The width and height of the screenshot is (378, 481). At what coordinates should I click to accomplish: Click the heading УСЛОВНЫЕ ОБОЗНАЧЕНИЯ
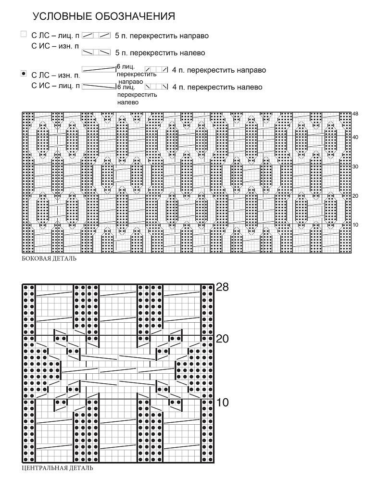104,16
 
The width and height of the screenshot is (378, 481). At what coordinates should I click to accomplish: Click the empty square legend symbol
24,34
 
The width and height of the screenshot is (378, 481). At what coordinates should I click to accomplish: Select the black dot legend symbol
24,74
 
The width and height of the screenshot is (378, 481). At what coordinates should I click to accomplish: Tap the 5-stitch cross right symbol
96,36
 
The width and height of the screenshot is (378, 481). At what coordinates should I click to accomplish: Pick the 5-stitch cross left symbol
96,52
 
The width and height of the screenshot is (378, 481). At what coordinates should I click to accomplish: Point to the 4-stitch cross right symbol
156,69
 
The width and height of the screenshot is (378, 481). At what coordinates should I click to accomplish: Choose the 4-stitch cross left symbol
156,87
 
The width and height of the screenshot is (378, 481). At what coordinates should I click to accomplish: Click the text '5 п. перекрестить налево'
160,53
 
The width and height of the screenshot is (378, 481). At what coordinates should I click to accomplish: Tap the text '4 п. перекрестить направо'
219,70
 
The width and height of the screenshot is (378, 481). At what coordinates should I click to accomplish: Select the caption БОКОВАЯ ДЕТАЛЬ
49,259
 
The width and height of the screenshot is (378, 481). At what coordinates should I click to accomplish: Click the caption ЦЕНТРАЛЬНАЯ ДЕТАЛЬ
57,468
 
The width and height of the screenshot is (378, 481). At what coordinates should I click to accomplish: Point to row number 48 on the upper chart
355,114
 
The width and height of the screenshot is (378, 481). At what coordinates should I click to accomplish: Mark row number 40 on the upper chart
355,137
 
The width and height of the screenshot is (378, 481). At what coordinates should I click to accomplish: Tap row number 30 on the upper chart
355,166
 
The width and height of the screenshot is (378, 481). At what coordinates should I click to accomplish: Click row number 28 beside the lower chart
223,287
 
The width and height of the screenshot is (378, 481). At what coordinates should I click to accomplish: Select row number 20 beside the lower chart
223,339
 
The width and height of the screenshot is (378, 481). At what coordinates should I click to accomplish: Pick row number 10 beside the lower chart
223,402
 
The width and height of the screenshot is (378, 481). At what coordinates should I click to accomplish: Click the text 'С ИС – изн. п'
55,46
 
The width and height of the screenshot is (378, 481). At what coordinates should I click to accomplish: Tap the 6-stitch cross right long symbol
99,69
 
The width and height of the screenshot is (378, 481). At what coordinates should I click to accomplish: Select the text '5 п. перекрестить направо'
162,36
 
